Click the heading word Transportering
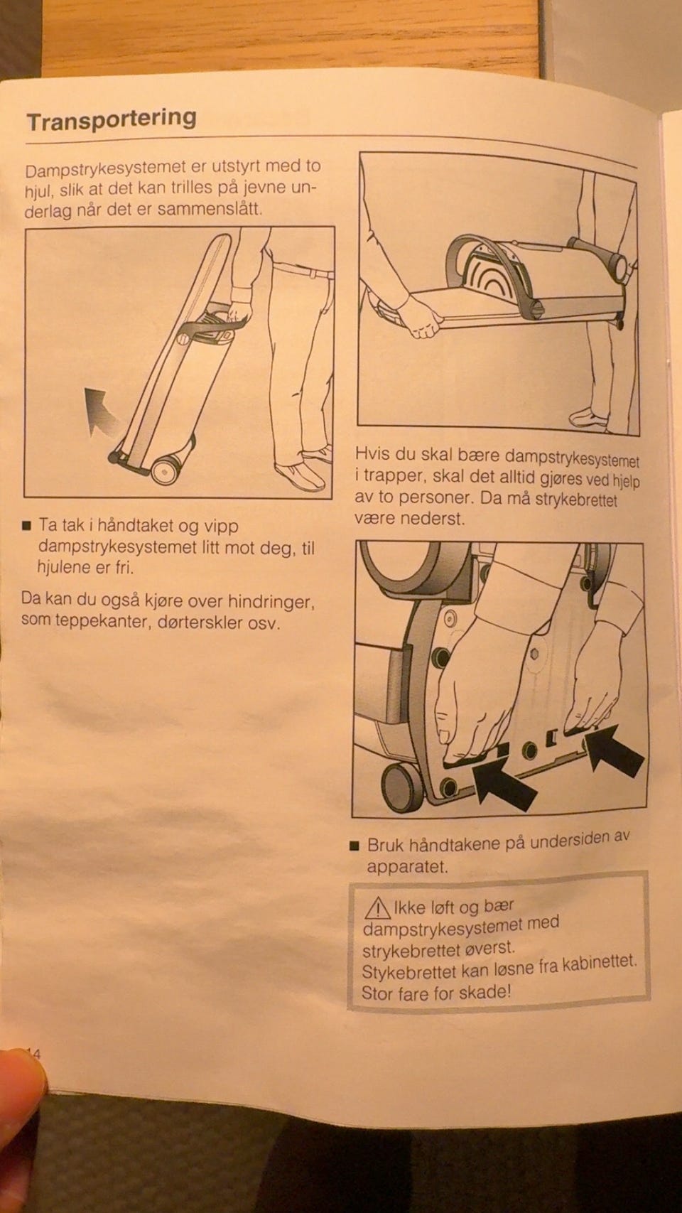[112, 119]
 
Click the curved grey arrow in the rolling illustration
[99, 411]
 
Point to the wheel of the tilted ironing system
[166, 470]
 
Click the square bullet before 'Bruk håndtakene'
[354, 846]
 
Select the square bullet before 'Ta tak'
[26, 526]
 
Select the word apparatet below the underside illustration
[408, 867]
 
